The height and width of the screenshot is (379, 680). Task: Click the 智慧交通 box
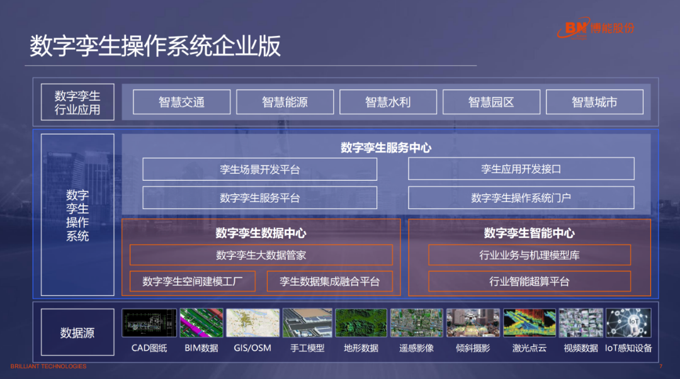pyautogui.click(x=181, y=102)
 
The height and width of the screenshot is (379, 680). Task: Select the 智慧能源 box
pyautogui.click(x=285, y=102)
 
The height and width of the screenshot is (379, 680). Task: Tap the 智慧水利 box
pyautogui.click(x=388, y=102)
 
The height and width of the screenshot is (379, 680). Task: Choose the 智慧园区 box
pyautogui.click(x=491, y=102)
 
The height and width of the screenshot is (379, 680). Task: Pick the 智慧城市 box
pyautogui.click(x=594, y=102)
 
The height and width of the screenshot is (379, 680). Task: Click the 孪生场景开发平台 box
pyautogui.click(x=259, y=169)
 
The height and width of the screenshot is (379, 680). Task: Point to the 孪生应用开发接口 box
pyautogui.click(x=521, y=169)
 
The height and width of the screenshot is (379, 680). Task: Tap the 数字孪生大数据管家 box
pyautogui.click(x=261, y=255)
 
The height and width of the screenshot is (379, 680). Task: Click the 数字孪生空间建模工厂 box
pyautogui.click(x=192, y=281)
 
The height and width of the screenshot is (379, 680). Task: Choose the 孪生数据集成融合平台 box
pyautogui.click(x=330, y=281)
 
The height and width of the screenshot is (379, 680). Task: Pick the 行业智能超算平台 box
pyautogui.click(x=529, y=281)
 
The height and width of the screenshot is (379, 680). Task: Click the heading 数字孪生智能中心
pyautogui.click(x=529, y=233)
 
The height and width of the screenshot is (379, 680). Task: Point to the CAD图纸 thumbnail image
pyautogui.click(x=149, y=323)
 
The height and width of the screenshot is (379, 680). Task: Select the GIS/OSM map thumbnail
pyautogui.click(x=252, y=323)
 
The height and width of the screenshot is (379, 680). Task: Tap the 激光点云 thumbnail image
pyautogui.click(x=530, y=323)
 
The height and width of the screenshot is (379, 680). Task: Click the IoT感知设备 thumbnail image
pyautogui.click(x=628, y=323)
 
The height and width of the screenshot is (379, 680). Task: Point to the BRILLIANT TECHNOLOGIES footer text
pyautogui.click(x=48, y=366)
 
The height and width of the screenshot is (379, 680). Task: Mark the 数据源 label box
pyautogui.click(x=77, y=332)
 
